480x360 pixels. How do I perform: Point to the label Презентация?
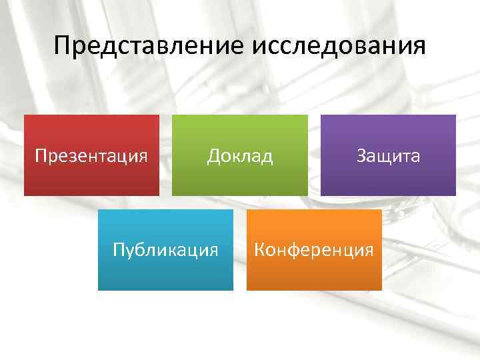click(91, 157)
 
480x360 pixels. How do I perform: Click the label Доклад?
click(240, 156)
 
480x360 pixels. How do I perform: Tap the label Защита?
click(388, 157)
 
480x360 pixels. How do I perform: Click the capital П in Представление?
click(63, 47)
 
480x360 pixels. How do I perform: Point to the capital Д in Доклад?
click(213, 157)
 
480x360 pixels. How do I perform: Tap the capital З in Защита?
click(361, 156)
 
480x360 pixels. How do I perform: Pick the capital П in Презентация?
click(41, 157)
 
